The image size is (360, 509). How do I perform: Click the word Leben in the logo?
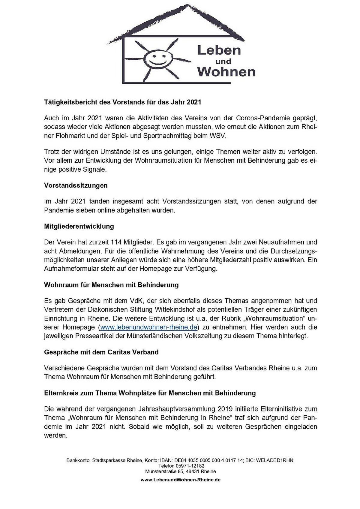tap(219, 50)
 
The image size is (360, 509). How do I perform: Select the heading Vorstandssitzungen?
tap(76, 185)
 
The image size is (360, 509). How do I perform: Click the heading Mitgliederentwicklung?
tap(79, 226)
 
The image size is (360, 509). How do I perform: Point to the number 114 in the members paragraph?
tap(116, 242)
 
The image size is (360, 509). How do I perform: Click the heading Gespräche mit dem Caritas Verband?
tap(101, 352)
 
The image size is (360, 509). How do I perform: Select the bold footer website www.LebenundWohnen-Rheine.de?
tap(180, 480)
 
